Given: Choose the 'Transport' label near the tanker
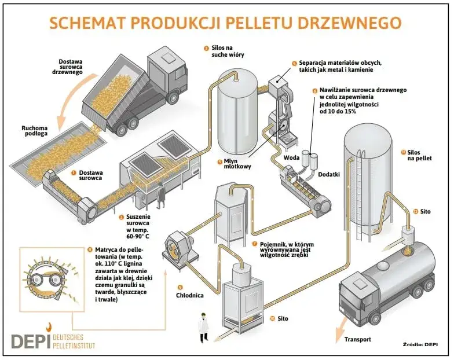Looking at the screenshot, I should [x=357, y=339].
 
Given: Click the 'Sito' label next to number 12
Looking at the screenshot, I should [x=426, y=212].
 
